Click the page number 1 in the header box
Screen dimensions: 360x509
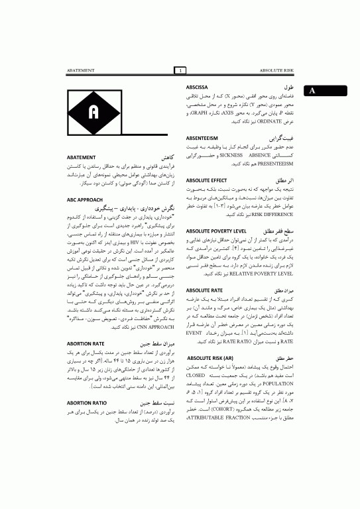click(180, 70)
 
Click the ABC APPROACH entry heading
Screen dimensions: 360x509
click(86, 199)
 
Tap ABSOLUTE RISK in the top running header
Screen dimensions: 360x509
click(276, 70)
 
